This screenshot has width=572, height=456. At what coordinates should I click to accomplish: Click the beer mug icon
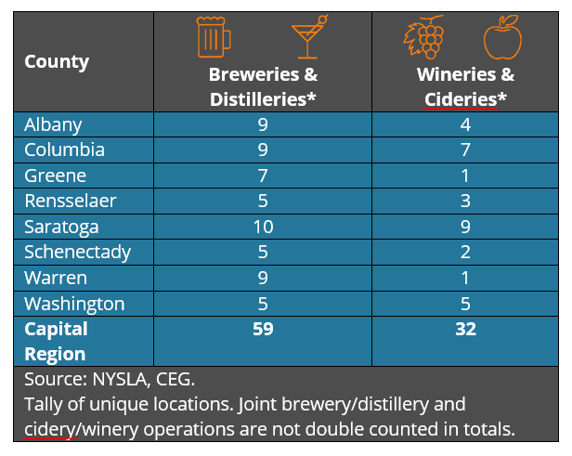pyautogui.click(x=214, y=36)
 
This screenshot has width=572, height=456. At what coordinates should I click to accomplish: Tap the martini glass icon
pyautogui.click(x=308, y=36)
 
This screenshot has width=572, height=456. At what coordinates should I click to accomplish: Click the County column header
pyautogui.click(x=57, y=62)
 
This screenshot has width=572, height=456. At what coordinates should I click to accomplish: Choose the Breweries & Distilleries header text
pyautogui.click(x=263, y=86)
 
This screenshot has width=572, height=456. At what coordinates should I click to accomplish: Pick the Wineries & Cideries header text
pyautogui.click(x=465, y=86)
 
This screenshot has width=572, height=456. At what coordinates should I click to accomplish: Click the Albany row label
pyautogui.click(x=53, y=124)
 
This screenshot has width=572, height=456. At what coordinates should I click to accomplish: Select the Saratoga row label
pyautogui.click(x=61, y=227)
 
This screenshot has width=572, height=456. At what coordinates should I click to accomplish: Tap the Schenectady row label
pyautogui.click(x=77, y=252)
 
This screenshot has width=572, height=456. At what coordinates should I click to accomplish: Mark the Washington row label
pyautogui.click(x=74, y=304)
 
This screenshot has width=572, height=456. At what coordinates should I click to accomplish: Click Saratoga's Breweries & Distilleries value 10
pyautogui.click(x=263, y=227)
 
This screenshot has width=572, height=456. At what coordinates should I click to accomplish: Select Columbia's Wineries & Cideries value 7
pyautogui.click(x=465, y=150)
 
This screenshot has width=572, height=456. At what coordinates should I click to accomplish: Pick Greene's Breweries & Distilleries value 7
pyautogui.click(x=263, y=176)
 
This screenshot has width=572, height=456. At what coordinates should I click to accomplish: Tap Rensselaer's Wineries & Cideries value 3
pyautogui.click(x=465, y=201)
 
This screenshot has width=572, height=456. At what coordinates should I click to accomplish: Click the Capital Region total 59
pyautogui.click(x=263, y=329)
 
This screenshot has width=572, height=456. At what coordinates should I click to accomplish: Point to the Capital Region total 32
pyautogui.click(x=465, y=329)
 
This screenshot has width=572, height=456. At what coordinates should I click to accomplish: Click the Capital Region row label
pyautogui.click(x=56, y=341)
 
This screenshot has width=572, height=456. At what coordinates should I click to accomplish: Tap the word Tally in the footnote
pyautogui.click(x=45, y=405)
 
